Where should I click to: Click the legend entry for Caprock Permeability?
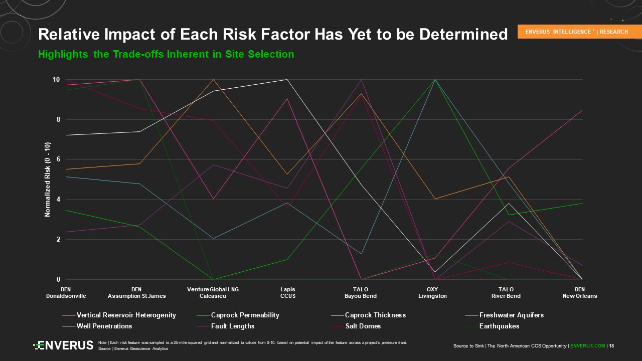[x=245, y=315]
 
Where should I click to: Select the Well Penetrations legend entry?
[x=104, y=326]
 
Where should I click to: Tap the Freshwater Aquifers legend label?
[x=511, y=315]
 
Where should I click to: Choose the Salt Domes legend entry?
[x=363, y=326]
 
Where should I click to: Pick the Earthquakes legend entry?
[x=499, y=326]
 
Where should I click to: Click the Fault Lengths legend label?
[x=233, y=326]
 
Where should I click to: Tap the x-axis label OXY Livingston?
[x=432, y=293]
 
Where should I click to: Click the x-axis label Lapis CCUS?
[x=287, y=293]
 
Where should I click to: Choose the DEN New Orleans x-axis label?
[x=580, y=293]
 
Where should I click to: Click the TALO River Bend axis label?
[x=506, y=293]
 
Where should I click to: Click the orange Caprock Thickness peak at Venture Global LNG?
[x=214, y=80]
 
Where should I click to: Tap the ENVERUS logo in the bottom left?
[x=64, y=345]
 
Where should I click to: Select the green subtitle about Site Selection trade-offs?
[x=166, y=54]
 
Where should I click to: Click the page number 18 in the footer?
[x=611, y=345]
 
